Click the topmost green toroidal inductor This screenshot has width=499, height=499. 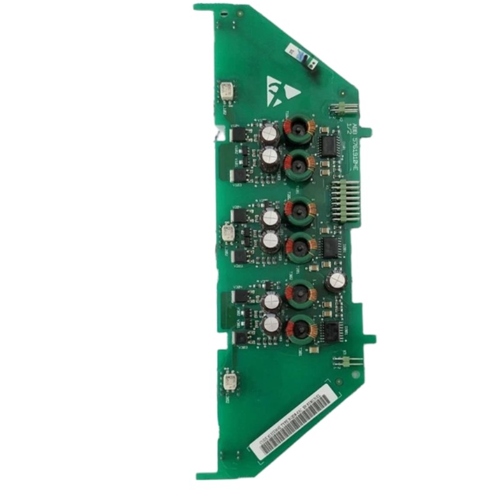click(x=298, y=128)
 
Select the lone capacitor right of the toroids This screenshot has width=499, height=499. click(x=336, y=281)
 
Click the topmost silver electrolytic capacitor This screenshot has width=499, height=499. click(x=269, y=133)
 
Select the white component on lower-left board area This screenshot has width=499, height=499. click(x=229, y=379)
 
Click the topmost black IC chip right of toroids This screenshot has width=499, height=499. click(x=326, y=145)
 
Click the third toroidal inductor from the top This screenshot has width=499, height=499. click(x=299, y=210)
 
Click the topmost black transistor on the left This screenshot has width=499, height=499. click(x=238, y=133)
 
